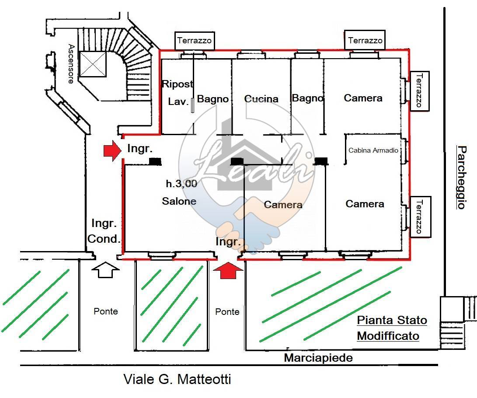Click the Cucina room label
pyautogui.click(x=261, y=99)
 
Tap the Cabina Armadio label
pyautogui.click(x=373, y=150)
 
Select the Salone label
pyautogui.click(x=179, y=201)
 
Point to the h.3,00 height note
pyautogui.click(x=181, y=184)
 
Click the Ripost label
pyautogui.click(x=177, y=84)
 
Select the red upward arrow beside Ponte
pyautogui.click(x=227, y=271)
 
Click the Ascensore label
pyautogui.click(x=71, y=63)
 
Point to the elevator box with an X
pyautogui.click(x=93, y=65)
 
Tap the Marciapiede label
pyautogui.click(x=318, y=358)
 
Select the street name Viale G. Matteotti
pyautogui.click(x=177, y=379)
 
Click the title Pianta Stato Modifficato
pyautogui.click(x=391, y=328)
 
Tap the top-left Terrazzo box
pyautogui.click(x=194, y=41)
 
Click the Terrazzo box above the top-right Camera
pyautogui.click(x=366, y=41)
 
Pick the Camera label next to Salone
pyautogui.click(x=283, y=205)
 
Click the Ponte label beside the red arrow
pyautogui.click(x=227, y=311)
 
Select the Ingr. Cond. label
pyautogui.click(x=104, y=231)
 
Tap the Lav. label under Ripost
pyautogui.click(x=178, y=102)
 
